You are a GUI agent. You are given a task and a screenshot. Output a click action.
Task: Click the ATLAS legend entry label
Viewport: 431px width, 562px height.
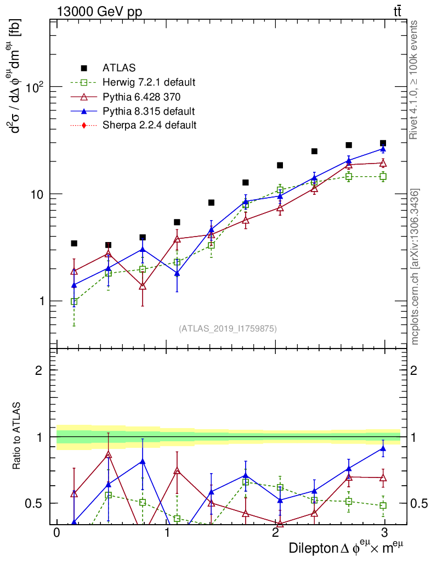pyautogui.click(x=119, y=68)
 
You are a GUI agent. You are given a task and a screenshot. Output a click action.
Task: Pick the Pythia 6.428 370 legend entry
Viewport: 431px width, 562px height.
pyautogui.click(x=141, y=97)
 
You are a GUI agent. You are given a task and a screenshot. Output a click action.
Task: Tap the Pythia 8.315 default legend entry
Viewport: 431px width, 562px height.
pyautogui.click(x=148, y=111)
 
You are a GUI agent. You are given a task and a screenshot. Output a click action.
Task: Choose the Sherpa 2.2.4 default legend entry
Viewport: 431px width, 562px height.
pyautogui.click(x=149, y=125)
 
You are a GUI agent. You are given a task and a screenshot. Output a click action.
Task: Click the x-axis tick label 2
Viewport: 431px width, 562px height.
pyautogui.click(x=275, y=534)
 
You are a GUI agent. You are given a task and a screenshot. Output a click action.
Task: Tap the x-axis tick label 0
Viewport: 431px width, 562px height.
pyautogui.click(x=56, y=534)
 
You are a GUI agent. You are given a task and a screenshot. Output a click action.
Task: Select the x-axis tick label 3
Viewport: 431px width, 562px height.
pyautogui.click(x=385, y=534)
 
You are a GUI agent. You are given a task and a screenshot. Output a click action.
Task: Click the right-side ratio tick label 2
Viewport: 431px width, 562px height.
pyautogui.click(x=414, y=370)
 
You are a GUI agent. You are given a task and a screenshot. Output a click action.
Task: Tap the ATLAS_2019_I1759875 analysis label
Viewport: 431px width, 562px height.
pyautogui.click(x=228, y=329)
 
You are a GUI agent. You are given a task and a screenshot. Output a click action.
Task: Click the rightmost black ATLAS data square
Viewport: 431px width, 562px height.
pyautogui.click(x=383, y=143)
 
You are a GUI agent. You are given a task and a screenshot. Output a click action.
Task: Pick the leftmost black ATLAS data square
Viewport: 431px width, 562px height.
pyautogui.click(x=74, y=243)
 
